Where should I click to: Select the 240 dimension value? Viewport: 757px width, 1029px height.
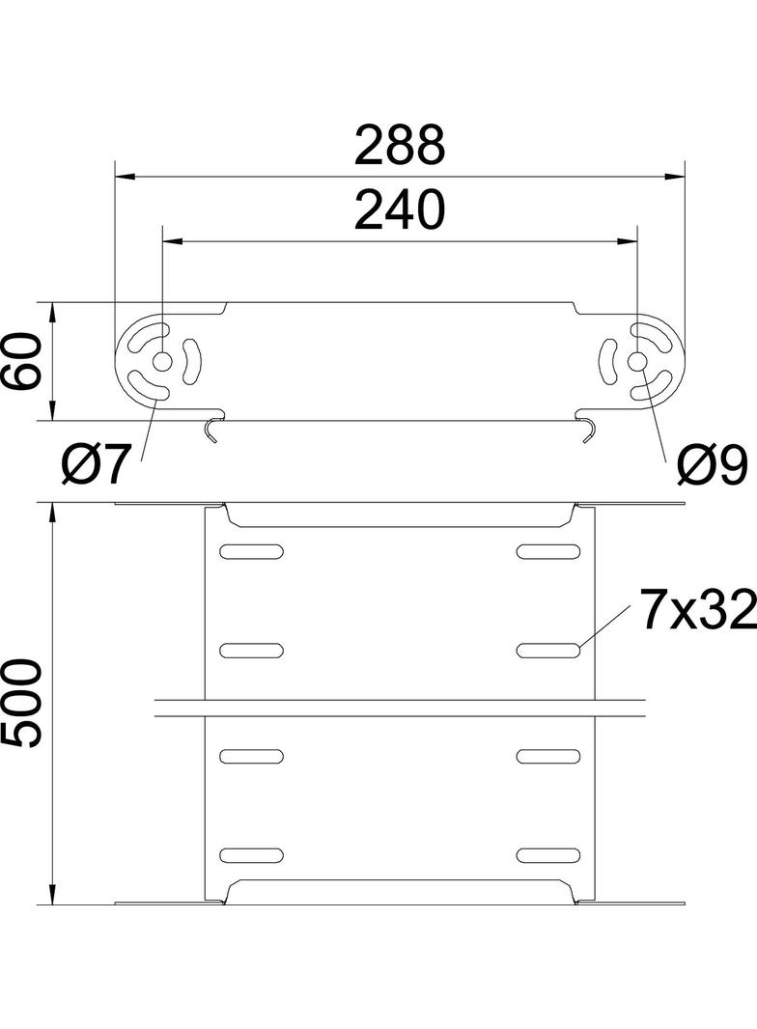coord(399,210)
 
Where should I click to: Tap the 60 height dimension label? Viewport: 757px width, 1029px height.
coord(23,361)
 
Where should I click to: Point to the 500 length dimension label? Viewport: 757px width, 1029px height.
coord(23,704)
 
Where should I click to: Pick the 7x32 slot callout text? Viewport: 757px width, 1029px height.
coord(698,611)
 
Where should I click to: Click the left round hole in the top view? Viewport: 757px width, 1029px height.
coord(161,361)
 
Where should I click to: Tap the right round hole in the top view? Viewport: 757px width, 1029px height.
coord(637,361)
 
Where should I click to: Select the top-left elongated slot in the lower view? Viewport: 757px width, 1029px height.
coord(251,551)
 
